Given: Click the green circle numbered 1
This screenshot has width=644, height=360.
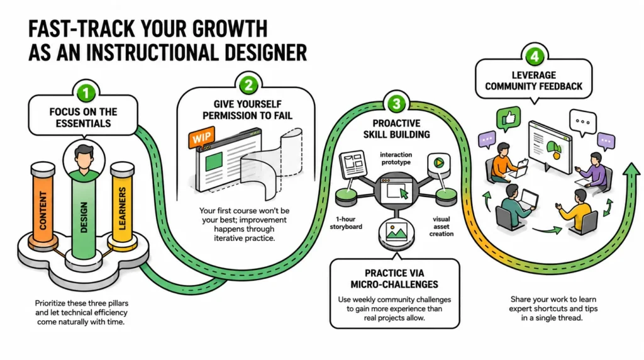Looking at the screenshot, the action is click(86, 93).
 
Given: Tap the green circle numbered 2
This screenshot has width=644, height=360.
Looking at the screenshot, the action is click(248, 85).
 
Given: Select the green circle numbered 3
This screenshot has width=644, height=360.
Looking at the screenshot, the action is click(396, 104).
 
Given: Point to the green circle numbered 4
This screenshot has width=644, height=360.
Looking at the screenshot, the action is click(535, 56).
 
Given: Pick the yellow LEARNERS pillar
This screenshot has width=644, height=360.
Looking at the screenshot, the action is click(122, 205).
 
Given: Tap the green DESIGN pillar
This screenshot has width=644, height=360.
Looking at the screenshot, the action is click(84, 216).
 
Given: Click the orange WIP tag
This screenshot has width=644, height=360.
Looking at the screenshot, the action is click(202, 137).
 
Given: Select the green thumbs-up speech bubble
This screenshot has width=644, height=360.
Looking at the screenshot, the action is click(508, 118).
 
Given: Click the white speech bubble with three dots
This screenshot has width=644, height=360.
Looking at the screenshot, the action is click(583, 123).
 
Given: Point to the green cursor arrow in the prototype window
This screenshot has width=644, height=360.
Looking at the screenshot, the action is click(404, 194).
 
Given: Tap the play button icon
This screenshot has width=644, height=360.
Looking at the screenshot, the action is click(438, 163).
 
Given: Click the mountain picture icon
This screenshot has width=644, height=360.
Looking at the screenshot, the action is click(396, 232).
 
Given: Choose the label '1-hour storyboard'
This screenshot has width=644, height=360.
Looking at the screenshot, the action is click(346, 223).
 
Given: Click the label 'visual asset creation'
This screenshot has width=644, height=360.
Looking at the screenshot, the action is click(441, 227).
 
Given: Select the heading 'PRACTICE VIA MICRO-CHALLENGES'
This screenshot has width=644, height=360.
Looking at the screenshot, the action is click(394, 279).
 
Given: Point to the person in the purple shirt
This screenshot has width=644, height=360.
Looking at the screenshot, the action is click(594, 170).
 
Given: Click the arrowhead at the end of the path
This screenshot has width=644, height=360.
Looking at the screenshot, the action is click(631, 169).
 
